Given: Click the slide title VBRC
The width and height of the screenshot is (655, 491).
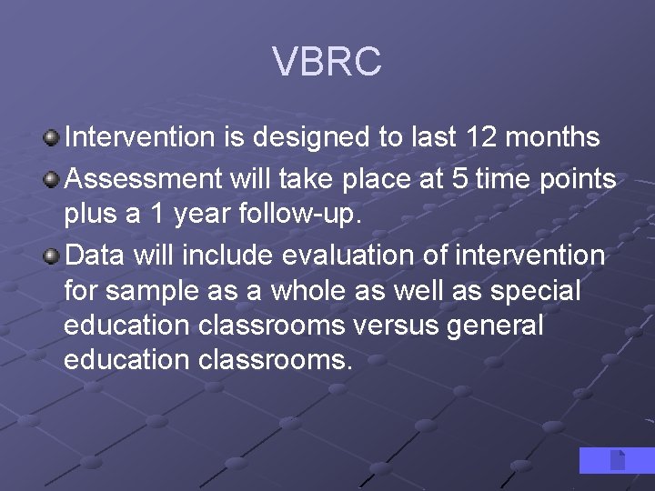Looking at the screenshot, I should tap(327, 62).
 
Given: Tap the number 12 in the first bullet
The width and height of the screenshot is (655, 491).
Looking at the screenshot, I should tap(482, 137).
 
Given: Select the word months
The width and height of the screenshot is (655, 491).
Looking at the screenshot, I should tap(554, 137).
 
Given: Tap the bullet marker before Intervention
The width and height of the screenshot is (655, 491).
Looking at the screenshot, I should tap(52, 138).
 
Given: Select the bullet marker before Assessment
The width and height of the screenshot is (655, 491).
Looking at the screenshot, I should tap(52, 180).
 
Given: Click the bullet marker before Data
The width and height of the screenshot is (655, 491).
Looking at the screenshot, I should tap(52, 256).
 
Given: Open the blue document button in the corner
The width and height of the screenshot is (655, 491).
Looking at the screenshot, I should tap(617, 460).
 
